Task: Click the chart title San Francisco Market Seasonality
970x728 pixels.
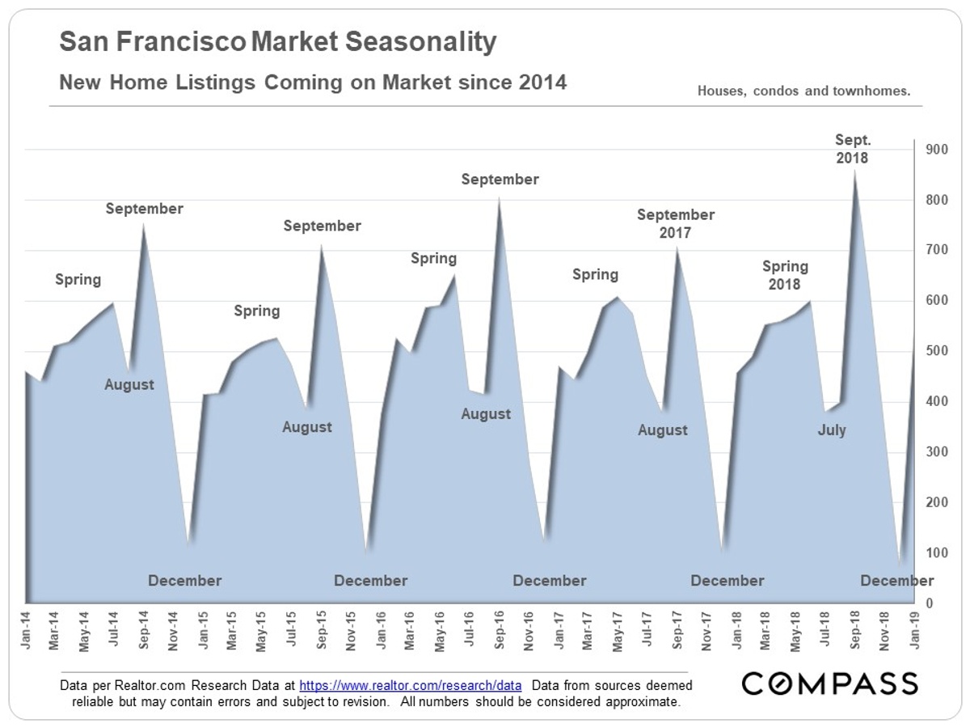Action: tap(278, 42)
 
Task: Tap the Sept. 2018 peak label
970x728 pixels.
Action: tap(852, 150)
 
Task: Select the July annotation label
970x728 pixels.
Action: tap(832, 430)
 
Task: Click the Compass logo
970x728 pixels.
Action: tap(830, 684)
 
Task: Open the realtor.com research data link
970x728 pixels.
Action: tap(410, 685)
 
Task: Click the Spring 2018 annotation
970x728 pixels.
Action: tap(785, 275)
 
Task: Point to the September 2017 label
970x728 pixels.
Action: tap(676, 224)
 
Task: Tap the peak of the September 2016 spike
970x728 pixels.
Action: tap(500, 197)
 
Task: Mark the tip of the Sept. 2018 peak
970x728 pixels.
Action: tap(855, 169)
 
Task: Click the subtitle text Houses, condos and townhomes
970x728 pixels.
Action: tap(803, 91)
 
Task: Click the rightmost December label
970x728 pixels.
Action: tap(896, 581)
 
